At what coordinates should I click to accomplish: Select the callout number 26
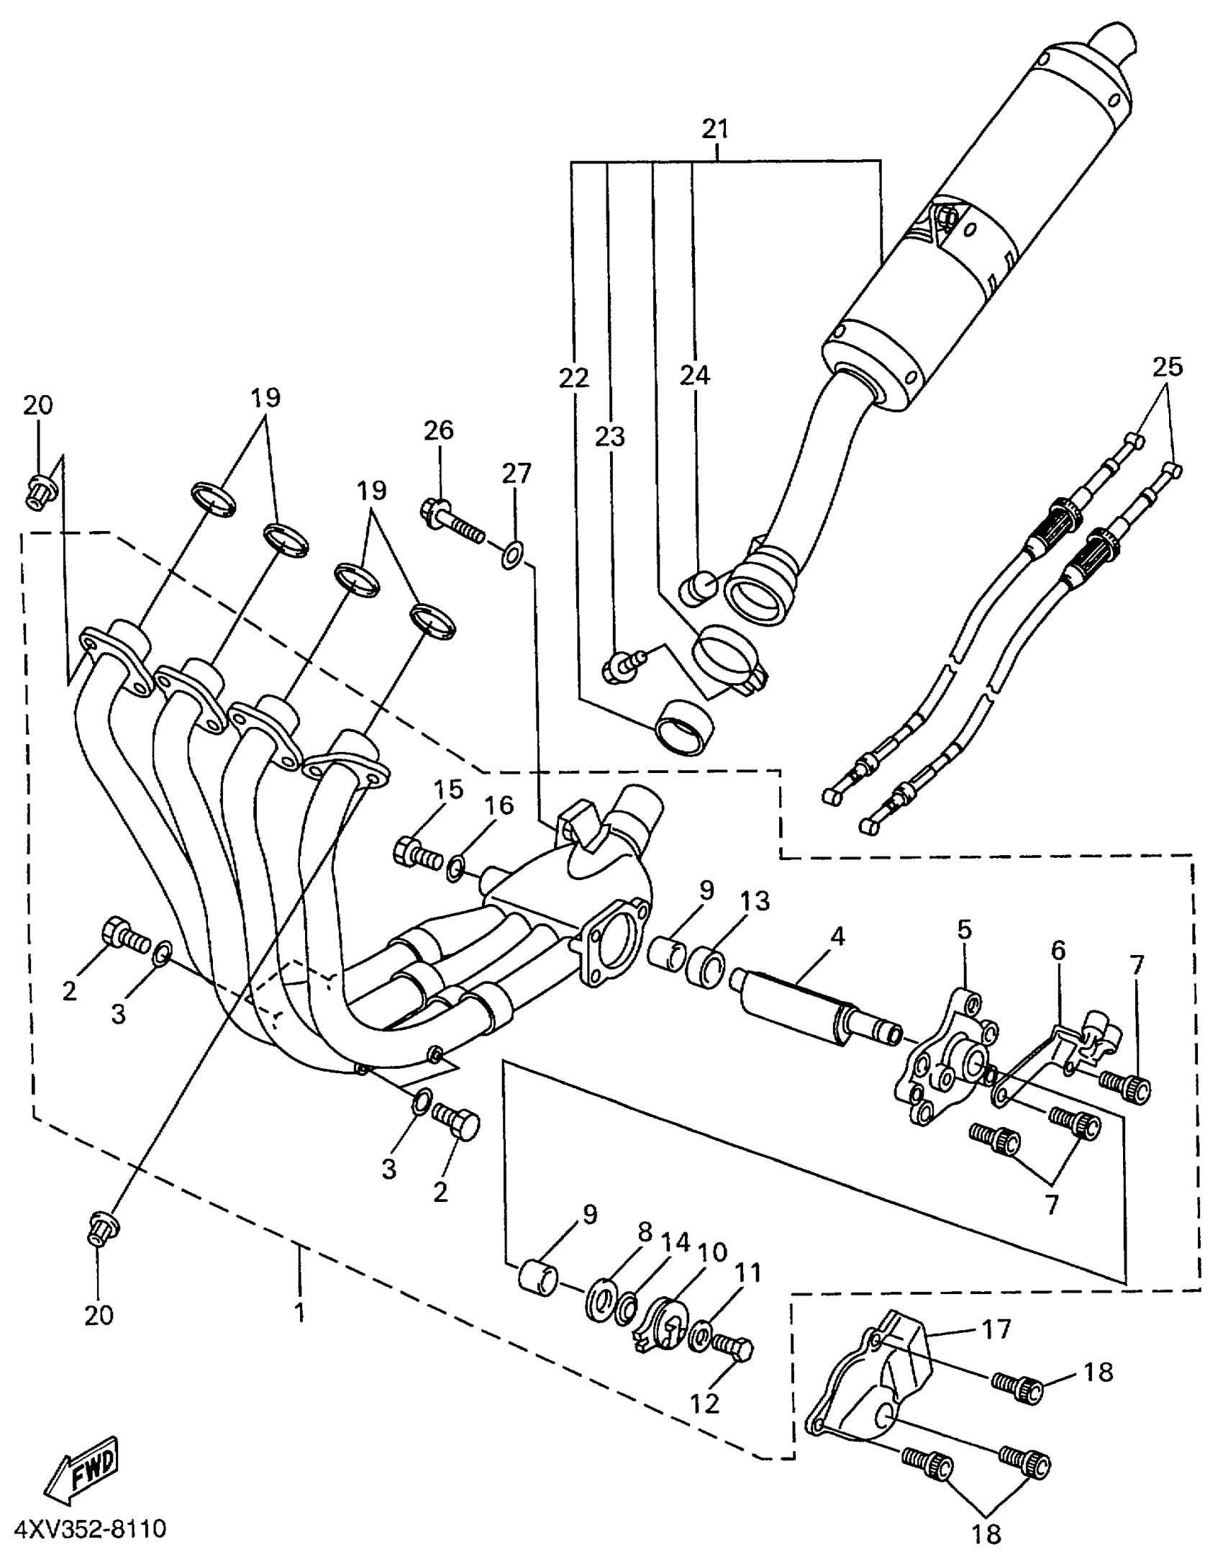[438, 431]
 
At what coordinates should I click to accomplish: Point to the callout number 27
[516, 474]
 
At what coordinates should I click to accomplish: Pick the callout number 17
[996, 1329]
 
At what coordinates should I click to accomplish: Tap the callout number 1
[299, 1311]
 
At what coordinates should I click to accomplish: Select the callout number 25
[1167, 367]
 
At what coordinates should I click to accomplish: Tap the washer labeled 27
[512, 555]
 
